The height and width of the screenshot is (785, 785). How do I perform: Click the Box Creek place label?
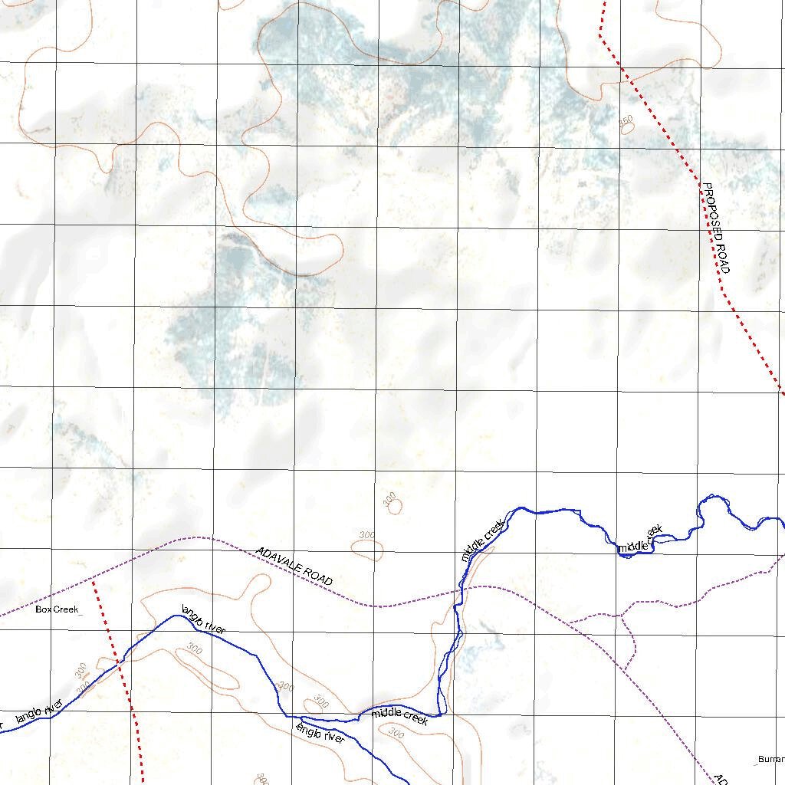pyautogui.click(x=57, y=610)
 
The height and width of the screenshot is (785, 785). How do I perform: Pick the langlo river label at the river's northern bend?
pyautogui.click(x=203, y=619)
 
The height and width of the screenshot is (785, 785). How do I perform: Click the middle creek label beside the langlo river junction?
pyautogui.click(x=399, y=718)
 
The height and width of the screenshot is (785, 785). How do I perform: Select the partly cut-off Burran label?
pyautogui.click(x=770, y=760)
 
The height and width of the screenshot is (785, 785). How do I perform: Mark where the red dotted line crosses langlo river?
pyautogui.click(x=120, y=663)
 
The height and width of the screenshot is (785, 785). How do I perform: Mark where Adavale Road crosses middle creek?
pyautogui.click(x=460, y=589)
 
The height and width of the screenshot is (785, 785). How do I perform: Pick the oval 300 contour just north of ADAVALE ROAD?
pyautogui.click(x=367, y=547)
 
